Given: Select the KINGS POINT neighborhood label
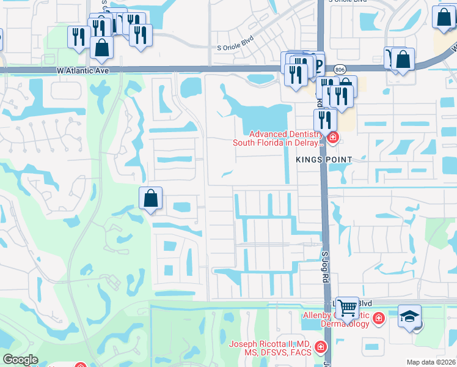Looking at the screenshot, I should (324, 159).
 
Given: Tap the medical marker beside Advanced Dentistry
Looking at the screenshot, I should (333, 138).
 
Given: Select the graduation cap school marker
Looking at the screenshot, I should (409, 316).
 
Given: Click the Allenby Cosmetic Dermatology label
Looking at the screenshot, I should (335, 319).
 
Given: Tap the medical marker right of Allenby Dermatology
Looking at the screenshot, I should (378, 319).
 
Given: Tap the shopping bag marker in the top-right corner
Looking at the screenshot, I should (444, 17).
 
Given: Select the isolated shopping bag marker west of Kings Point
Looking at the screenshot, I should (150, 198).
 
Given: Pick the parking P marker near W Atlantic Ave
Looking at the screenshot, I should (317, 62).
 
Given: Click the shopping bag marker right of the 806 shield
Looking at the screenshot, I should (403, 59).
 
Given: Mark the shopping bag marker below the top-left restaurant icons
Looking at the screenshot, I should (101, 46).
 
